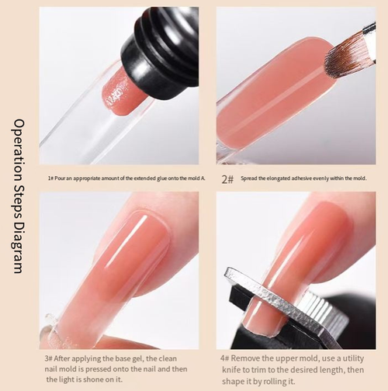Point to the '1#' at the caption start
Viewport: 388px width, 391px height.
tap(51, 178)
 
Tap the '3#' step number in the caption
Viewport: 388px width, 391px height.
tap(49, 358)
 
